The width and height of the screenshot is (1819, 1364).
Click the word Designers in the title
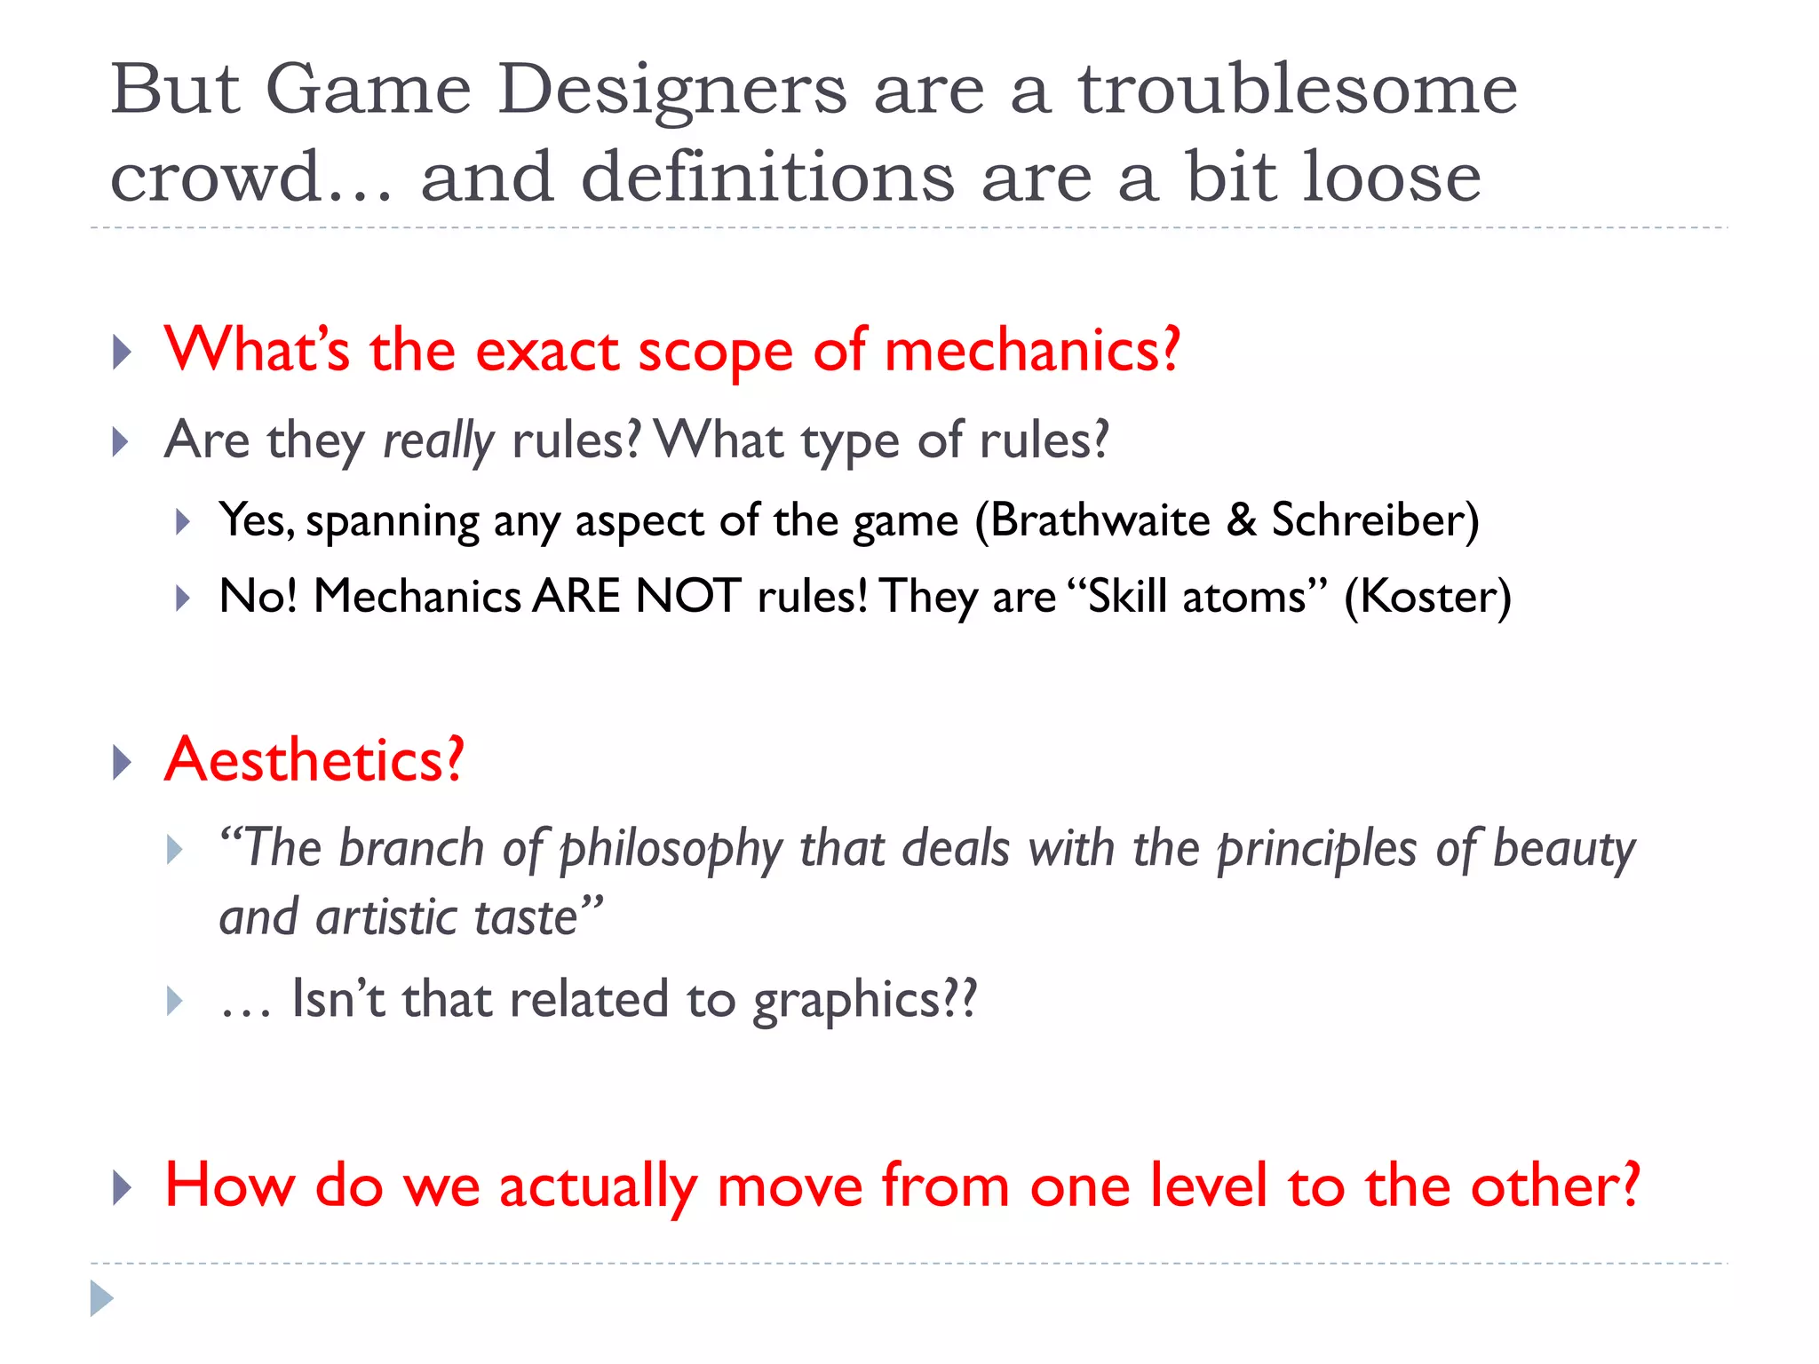672,91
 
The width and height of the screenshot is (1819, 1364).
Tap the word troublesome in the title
1298,91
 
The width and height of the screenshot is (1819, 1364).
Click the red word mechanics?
1032,351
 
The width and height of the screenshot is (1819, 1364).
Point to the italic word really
438,441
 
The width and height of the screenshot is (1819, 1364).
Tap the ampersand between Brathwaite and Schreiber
1241,520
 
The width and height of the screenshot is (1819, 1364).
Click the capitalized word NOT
687,597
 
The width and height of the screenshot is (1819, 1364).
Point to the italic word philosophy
671,850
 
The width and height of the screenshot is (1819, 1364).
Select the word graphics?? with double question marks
864,1001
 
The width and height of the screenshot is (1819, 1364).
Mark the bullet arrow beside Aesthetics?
123,762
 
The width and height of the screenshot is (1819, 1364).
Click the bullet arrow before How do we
123,1187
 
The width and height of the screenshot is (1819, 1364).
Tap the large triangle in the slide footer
101,1298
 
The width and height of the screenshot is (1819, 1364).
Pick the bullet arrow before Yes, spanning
182,521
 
